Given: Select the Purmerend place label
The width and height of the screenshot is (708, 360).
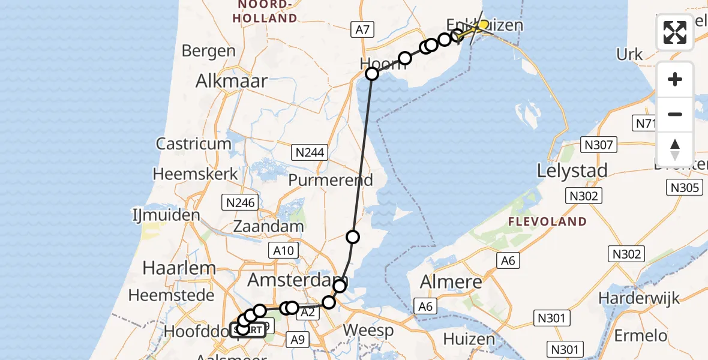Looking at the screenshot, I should pos(331,179).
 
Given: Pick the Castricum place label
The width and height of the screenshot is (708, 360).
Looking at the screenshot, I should pos(193,144).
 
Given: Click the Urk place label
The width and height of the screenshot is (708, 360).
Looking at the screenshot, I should pos(629,55).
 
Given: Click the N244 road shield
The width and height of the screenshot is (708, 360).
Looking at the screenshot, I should pos(310,152).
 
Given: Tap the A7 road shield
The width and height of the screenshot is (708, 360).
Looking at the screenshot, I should pos(363,29).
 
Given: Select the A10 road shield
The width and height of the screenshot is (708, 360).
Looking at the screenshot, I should pos(283,251).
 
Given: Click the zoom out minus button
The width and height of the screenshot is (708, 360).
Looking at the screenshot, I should pos(675,114).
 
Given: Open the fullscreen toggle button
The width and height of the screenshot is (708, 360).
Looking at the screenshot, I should pos(675,32).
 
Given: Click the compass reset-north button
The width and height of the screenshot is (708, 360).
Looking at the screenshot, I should pos(675,148).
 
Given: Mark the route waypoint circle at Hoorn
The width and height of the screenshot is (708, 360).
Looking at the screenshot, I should pos(372,74).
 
